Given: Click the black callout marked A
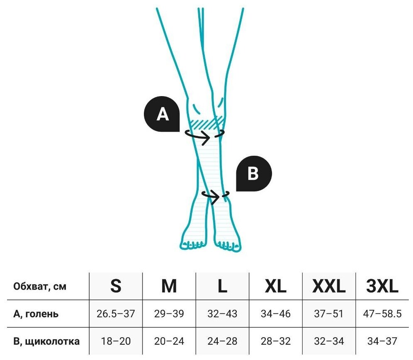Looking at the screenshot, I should [x=162, y=115].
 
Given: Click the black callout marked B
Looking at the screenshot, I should [x=253, y=174].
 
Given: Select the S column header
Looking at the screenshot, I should [x=116, y=286].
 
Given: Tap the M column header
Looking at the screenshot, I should [x=169, y=286].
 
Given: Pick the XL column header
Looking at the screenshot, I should [x=276, y=286].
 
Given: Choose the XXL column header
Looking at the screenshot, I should [x=329, y=286].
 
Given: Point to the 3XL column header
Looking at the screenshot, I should [x=382, y=286].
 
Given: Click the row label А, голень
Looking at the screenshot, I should [x=36, y=314].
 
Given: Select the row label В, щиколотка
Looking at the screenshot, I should [x=46, y=341].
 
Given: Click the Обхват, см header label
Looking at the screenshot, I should [x=40, y=286].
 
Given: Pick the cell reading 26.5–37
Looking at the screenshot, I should [x=116, y=314].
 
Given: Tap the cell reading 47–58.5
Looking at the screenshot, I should [x=382, y=314].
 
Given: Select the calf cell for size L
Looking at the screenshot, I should [x=222, y=314].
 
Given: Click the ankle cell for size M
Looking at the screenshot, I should [x=169, y=341].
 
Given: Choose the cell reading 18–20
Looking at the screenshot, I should [x=116, y=341].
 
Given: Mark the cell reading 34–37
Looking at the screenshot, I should [x=382, y=341].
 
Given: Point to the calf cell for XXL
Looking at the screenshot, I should [x=329, y=314].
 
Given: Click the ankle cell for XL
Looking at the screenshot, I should [x=276, y=341].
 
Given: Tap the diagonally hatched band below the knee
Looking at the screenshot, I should [x=206, y=123].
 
